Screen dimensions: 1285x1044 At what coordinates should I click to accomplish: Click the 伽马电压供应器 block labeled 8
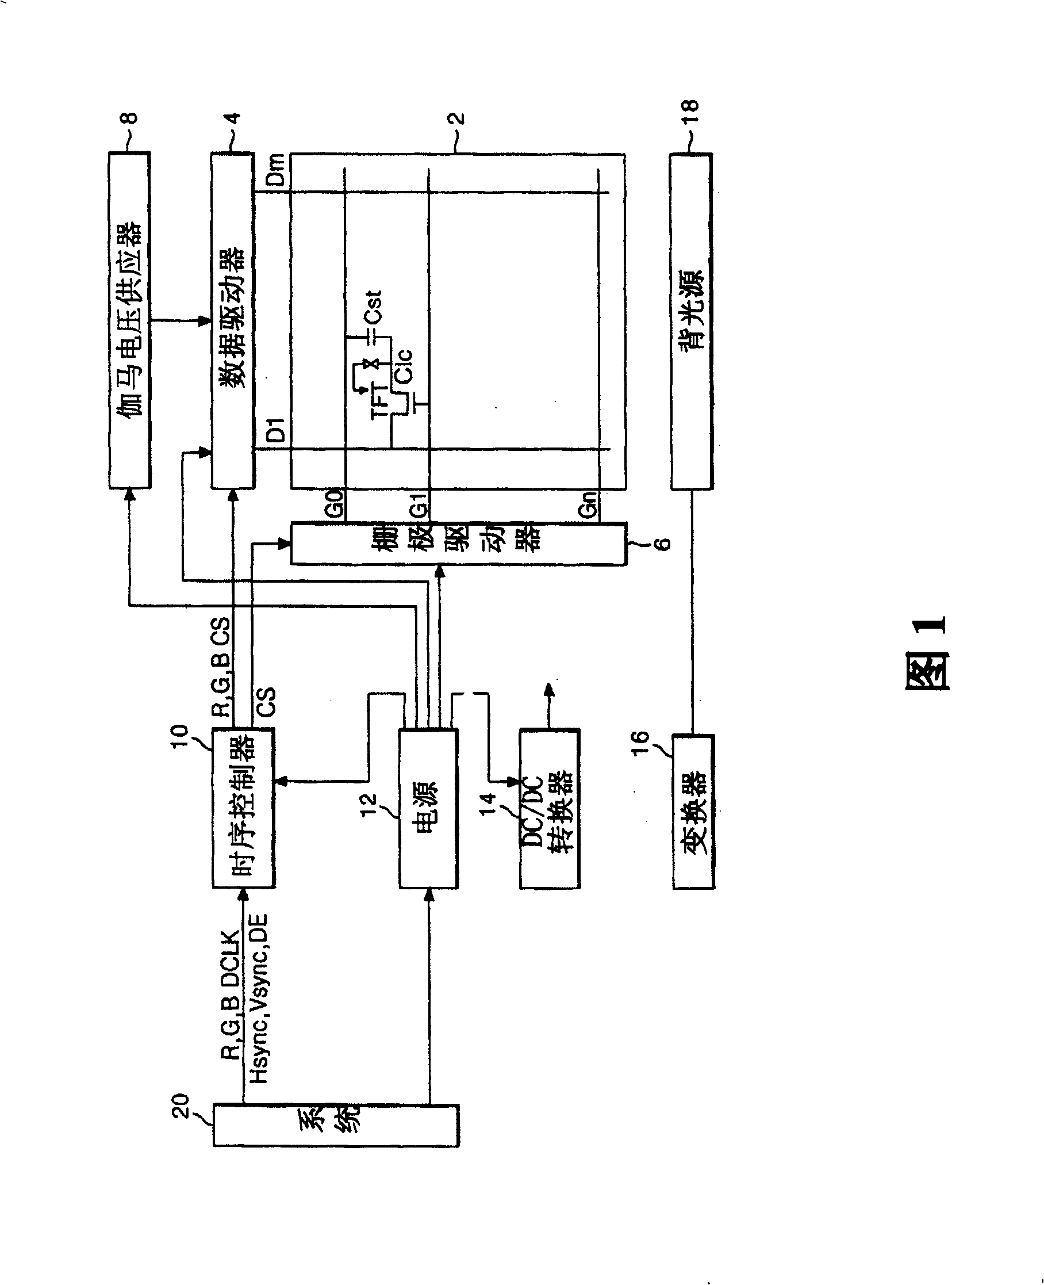129,320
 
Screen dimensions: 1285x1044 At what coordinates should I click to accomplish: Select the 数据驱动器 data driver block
232,320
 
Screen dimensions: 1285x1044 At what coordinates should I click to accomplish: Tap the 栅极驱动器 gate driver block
458,543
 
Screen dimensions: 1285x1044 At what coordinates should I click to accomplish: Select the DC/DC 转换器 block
549,809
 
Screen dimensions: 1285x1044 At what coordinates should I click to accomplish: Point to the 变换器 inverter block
693,811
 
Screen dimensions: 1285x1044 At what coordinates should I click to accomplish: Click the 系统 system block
336,1125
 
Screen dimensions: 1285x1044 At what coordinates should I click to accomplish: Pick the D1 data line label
275,430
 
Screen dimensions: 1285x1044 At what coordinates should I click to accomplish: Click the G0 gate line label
334,503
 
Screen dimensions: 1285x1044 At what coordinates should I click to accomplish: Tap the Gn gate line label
588,504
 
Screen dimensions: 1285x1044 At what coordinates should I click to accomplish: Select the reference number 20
181,1106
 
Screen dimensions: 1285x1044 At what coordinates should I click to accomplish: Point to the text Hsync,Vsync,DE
259,999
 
